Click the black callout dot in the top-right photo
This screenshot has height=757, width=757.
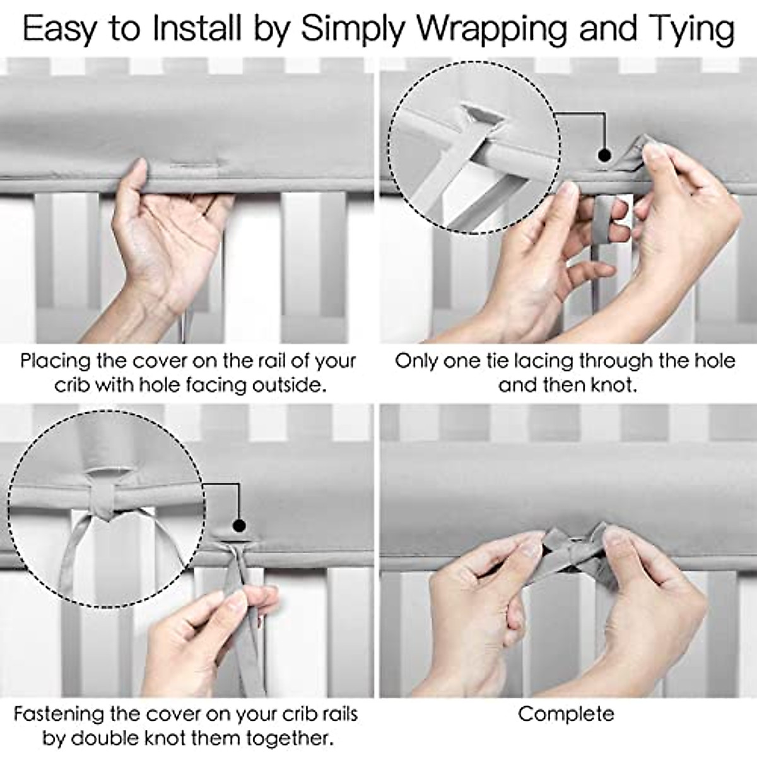click(x=604, y=154)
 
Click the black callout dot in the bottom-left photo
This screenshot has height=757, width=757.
click(x=238, y=525)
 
